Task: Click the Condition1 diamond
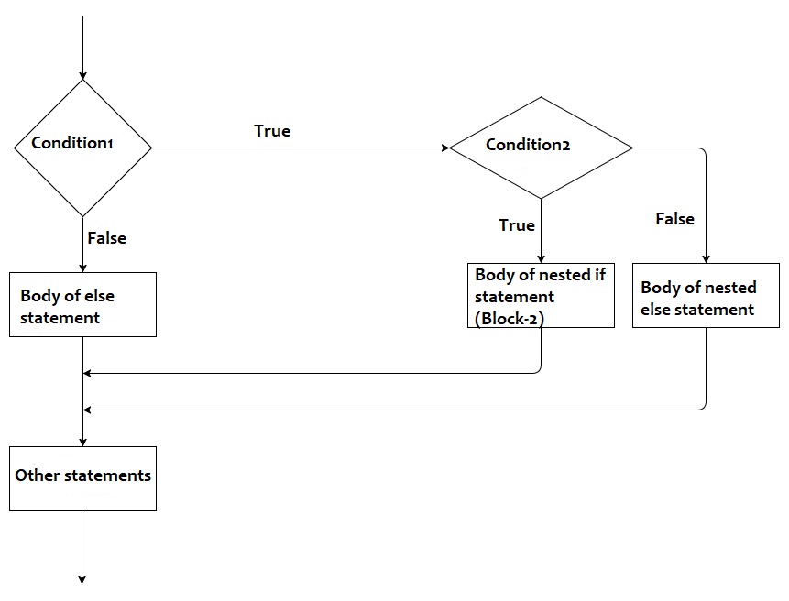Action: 82,147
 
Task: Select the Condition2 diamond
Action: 541,147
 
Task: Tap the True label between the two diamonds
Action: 272,131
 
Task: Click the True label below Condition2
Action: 517,225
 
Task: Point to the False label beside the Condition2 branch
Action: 674,219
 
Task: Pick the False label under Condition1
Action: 106,238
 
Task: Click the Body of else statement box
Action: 82,304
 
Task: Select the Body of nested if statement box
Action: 541,295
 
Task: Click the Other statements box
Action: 82,477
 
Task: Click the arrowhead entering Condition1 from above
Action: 82,74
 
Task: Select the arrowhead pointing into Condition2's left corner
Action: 444,148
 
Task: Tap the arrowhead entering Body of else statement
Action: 82,268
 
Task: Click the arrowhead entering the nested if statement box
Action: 541,259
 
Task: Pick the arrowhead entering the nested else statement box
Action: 707,259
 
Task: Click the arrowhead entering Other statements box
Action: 82,442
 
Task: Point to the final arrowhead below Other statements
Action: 82,579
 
